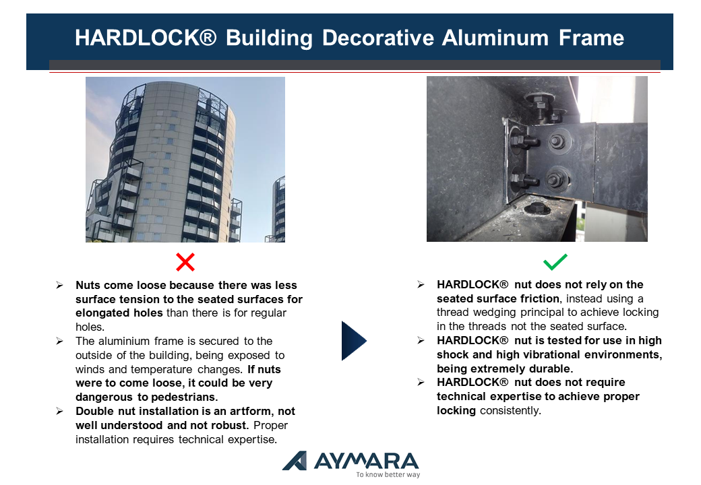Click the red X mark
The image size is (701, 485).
click(185, 262)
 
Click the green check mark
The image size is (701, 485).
click(555, 262)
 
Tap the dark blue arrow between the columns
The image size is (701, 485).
click(354, 341)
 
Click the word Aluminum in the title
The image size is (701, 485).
click(495, 38)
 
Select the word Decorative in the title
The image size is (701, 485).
click(377, 38)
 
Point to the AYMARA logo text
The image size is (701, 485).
click(366, 461)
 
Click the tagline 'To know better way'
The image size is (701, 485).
click(388, 475)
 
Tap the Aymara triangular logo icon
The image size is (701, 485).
click(295, 461)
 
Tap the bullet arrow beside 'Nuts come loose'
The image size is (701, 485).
click(59, 286)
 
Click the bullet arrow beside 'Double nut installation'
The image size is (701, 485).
click(59, 412)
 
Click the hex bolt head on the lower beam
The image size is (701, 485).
click(537, 207)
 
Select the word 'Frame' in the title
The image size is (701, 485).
click(591, 38)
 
